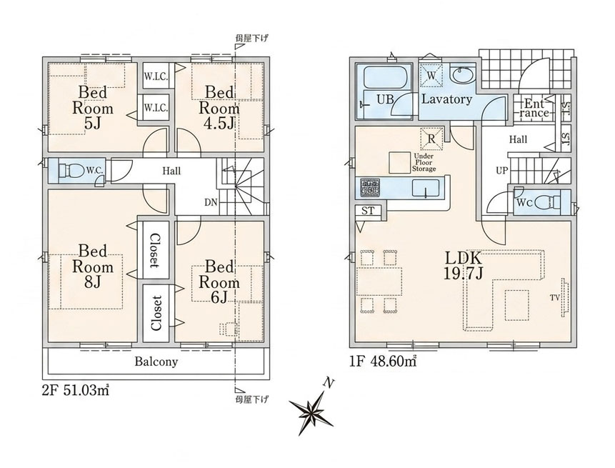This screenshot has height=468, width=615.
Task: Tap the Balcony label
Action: pyautogui.click(x=156, y=362)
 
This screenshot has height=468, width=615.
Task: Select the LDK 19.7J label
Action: pyautogui.click(x=463, y=265)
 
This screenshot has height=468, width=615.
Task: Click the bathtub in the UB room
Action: pyautogui.click(x=386, y=77)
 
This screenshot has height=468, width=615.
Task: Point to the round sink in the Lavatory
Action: pyautogui.click(x=462, y=74)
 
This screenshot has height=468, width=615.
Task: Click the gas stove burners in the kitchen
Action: pyautogui.click(x=371, y=187)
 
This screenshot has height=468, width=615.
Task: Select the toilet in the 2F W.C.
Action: pyautogui.click(x=71, y=171)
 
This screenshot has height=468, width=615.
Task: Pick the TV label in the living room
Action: pyautogui.click(x=554, y=298)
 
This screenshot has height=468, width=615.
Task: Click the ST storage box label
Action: pyautogui.click(x=368, y=211)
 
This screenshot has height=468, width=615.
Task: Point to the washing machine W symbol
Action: pyautogui.click(x=431, y=75)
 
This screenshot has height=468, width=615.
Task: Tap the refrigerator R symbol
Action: pyautogui.click(x=431, y=139)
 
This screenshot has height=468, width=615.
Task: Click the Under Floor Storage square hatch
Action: pyautogui.click(x=399, y=162)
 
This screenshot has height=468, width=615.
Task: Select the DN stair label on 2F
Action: pyautogui.click(x=211, y=202)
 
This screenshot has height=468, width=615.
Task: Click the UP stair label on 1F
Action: pyautogui.click(x=501, y=171)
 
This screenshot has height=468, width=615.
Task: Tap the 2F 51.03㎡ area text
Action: pyautogui.click(x=75, y=391)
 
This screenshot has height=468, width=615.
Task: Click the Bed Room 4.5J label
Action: pyautogui.click(x=220, y=108)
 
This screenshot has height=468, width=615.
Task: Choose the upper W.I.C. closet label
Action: pyautogui.click(x=156, y=76)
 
